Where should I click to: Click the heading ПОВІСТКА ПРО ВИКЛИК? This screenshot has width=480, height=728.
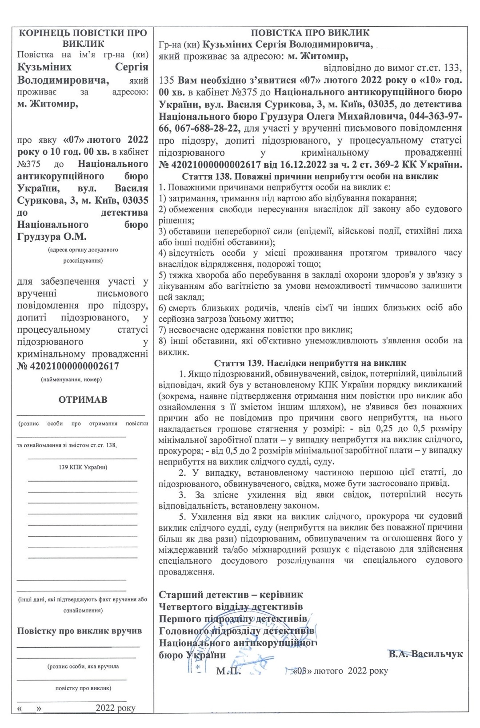pos(310,33)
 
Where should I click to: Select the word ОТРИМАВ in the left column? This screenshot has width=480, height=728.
pos(83,399)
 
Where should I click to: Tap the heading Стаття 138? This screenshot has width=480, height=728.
pos(310,176)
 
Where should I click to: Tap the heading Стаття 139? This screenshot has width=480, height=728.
pos(310,363)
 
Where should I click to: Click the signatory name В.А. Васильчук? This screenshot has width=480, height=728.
pos(425,654)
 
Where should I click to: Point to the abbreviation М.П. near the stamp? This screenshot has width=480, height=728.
pos(228,671)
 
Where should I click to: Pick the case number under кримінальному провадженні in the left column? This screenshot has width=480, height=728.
pos(68,366)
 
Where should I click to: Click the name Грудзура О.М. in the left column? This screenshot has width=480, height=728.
pos(52,236)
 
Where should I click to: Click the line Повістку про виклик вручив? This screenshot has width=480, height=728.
pos(80,631)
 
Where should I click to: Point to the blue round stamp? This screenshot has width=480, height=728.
pos(236,647)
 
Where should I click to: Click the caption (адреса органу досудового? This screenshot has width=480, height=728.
pos(83,250)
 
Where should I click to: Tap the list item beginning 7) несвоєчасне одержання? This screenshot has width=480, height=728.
pos(256,330)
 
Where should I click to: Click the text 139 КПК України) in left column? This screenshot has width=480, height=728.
pos(83,467)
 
